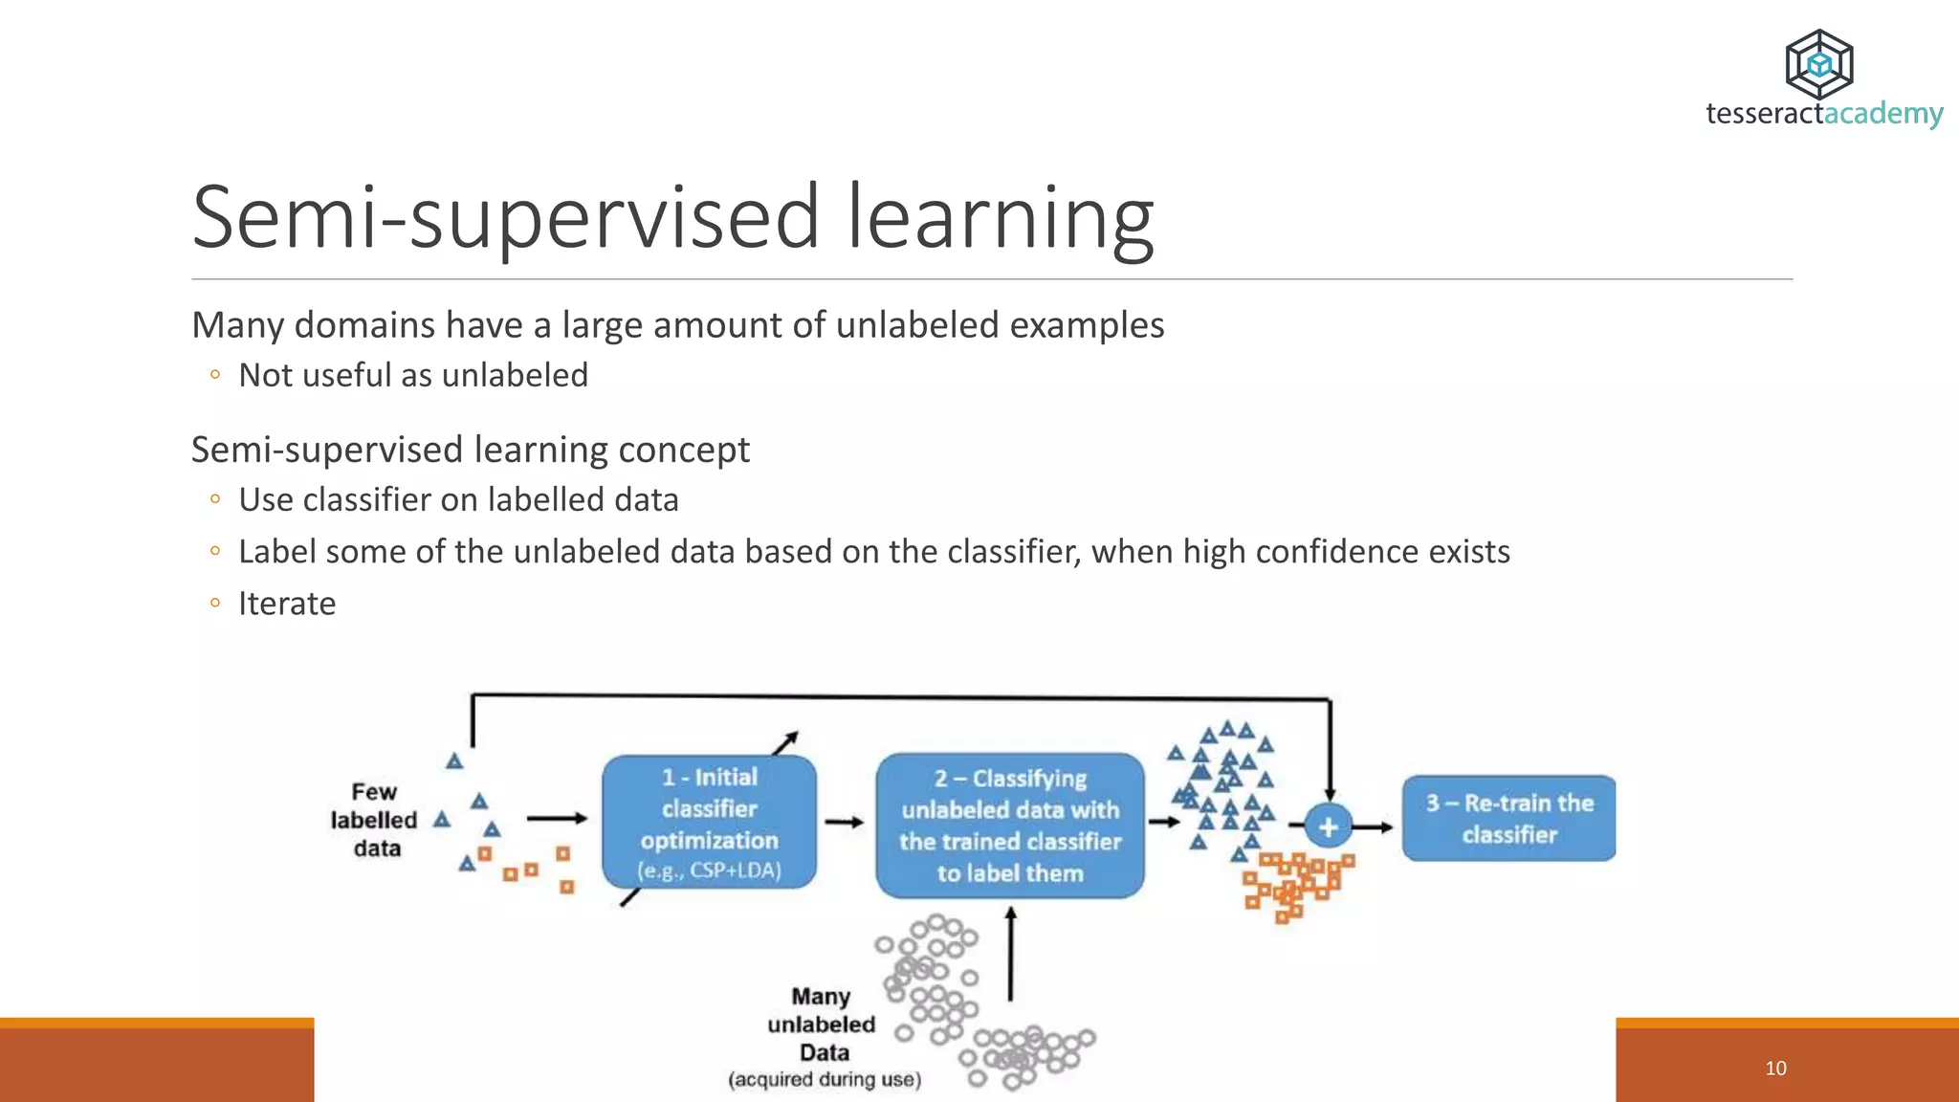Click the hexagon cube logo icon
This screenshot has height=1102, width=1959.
pyautogui.click(x=1818, y=64)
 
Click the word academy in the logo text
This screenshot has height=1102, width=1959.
pyautogui.click(x=1883, y=114)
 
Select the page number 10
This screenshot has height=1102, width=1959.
pyautogui.click(x=1775, y=1068)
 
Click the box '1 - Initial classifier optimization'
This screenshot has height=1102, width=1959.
pyautogui.click(x=709, y=821)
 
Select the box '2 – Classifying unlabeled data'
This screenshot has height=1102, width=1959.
pyautogui.click(x=1010, y=825)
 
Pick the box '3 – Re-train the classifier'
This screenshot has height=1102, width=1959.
pyautogui.click(x=1508, y=818)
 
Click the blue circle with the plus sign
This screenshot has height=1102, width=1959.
pyautogui.click(x=1328, y=826)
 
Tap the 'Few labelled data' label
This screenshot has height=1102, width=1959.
pyautogui.click(x=374, y=820)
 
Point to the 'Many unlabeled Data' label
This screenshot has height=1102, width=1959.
pyautogui.click(x=822, y=1024)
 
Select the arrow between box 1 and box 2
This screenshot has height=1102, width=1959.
pyautogui.click(x=845, y=822)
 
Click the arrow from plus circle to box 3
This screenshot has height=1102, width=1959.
pyautogui.click(x=1375, y=826)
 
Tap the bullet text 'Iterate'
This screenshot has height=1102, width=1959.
pyautogui.click(x=287, y=604)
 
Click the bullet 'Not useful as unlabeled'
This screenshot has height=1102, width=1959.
pyautogui.click(x=412, y=375)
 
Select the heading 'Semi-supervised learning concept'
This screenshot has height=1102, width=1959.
pyautogui.click(x=470, y=450)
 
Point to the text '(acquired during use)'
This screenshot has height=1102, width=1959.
pyautogui.click(x=825, y=1079)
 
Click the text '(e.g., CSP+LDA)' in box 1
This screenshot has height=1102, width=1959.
pyautogui.click(x=709, y=871)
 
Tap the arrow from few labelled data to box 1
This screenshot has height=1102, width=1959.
pyautogui.click(x=557, y=818)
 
